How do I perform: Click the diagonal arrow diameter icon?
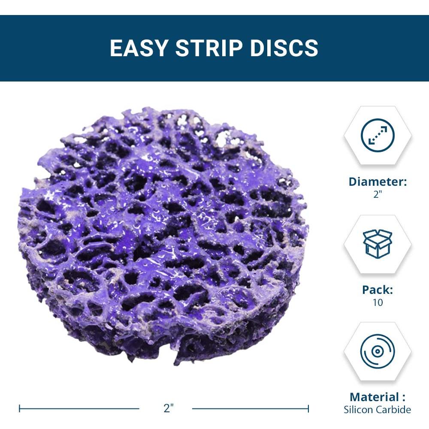(x=378, y=136)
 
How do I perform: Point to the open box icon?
(x=378, y=243)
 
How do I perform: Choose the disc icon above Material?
(x=378, y=352)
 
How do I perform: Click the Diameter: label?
(x=378, y=181)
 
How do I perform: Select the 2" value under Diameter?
(x=378, y=194)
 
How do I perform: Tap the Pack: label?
(x=378, y=290)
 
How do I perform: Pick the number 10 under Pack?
(x=378, y=302)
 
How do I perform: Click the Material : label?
(x=378, y=397)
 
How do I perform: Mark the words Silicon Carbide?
(x=378, y=410)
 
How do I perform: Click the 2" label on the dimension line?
(x=168, y=408)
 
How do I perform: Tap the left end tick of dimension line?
(x=20, y=408)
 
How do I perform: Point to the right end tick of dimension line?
(x=308, y=408)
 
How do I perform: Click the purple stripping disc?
(x=163, y=232)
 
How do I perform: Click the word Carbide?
(x=394, y=410)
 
